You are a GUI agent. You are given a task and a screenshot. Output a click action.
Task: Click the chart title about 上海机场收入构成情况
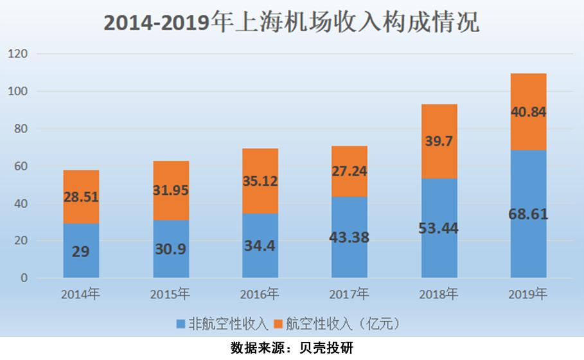click(291, 23)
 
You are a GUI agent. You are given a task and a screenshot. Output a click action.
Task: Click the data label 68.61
click(528, 214)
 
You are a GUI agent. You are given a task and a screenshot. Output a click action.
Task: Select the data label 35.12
click(260, 181)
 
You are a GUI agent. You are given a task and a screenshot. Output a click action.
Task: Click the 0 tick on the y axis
click(24, 278)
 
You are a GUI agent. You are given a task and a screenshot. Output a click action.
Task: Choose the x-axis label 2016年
click(260, 295)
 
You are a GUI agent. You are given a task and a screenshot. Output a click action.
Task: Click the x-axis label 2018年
click(439, 295)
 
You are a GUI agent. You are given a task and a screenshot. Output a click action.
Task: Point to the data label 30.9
click(170, 248)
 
